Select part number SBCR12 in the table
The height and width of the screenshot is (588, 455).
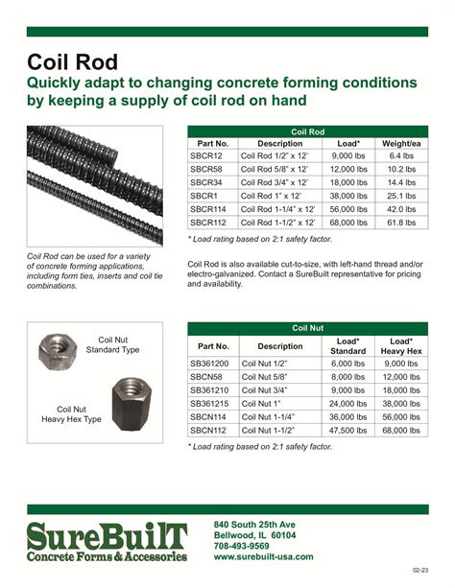(x=206, y=156)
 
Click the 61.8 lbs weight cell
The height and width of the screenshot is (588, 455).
(x=401, y=221)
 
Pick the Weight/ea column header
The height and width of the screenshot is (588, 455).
(x=401, y=144)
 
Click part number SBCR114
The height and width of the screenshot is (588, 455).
(x=208, y=208)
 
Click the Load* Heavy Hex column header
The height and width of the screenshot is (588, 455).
(x=402, y=345)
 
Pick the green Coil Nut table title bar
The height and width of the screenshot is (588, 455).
(x=307, y=327)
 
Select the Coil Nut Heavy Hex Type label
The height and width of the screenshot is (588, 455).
(x=72, y=414)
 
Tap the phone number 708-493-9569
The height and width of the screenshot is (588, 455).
(x=241, y=546)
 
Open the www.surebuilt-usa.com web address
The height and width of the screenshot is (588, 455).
(x=263, y=556)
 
